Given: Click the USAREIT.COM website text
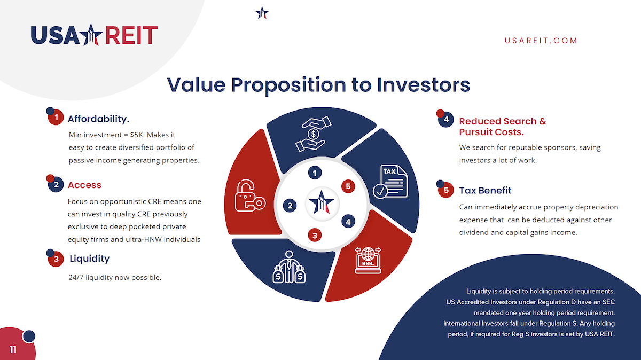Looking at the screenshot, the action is [541, 41].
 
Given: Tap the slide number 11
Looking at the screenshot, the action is [13, 349].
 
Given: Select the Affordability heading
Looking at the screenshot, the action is [98, 119].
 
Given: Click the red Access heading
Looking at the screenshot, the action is [84, 185].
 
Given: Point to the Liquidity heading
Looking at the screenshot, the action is [90, 259].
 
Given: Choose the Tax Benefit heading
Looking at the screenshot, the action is [485, 190].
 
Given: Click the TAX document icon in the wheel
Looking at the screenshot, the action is [390, 182].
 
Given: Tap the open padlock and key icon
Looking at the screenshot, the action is [250, 195].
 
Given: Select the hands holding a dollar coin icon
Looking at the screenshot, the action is [314, 134].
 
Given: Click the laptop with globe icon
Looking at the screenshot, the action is [368, 260].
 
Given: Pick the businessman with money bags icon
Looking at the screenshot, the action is [289, 267].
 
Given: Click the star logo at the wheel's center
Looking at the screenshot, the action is [322, 203].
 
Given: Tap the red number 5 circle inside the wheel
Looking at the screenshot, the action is [348, 186].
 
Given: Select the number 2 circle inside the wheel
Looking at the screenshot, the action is [290, 206].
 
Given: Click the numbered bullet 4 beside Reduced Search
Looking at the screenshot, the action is [445, 119].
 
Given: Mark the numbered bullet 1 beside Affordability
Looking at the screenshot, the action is [55, 116].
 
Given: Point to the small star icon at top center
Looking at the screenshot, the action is [262, 13].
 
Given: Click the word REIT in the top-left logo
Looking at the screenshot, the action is [131, 35].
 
